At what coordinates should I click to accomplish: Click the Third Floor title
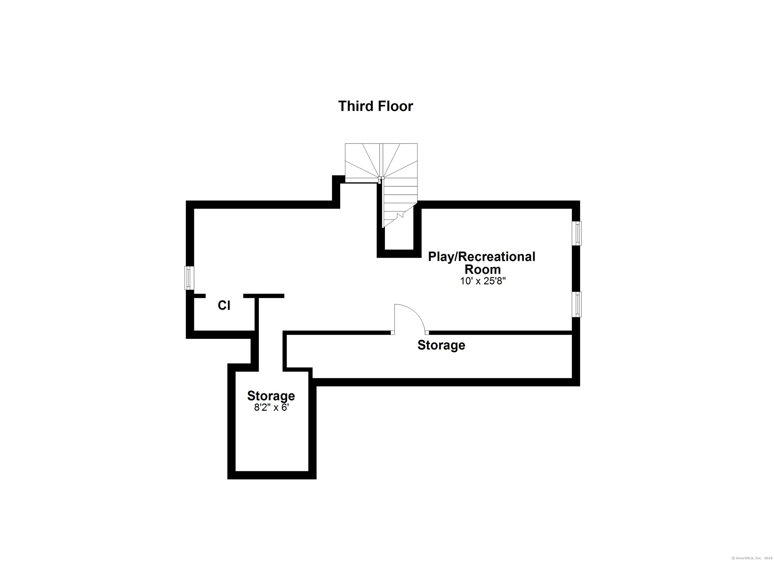[375, 106]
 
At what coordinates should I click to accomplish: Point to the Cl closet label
[224, 305]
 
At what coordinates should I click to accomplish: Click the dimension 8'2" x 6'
[271, 408]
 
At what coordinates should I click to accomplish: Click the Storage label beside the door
[441, 345]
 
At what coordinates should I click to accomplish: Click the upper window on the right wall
[576, 233]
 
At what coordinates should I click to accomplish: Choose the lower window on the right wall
[576, 304]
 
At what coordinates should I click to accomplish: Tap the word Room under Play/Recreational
[482, 269]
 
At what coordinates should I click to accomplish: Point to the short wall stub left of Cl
[200, 296]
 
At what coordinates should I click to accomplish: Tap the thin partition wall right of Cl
[257, 314]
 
